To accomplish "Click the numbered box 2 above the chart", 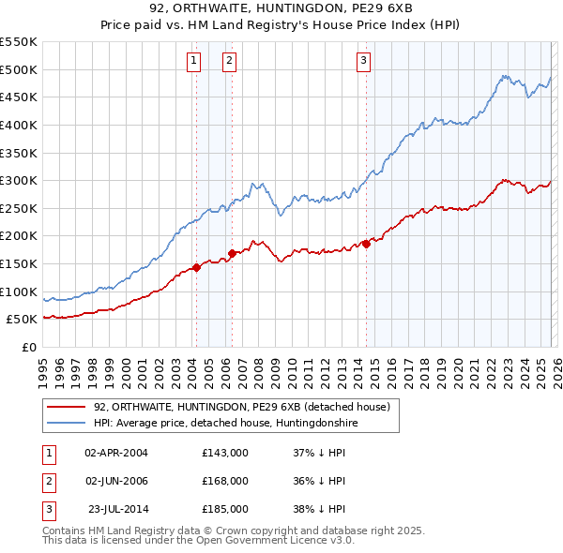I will coord(229,62).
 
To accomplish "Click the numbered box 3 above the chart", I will coord(363,62).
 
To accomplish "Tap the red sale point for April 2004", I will coord(196,267).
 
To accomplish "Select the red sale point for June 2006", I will coord(232,253).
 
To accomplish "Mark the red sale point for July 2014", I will coord(366,244).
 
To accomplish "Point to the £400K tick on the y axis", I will coord(19,125).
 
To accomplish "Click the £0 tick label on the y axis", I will coord(28,347).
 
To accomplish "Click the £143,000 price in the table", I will coord(225,453).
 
